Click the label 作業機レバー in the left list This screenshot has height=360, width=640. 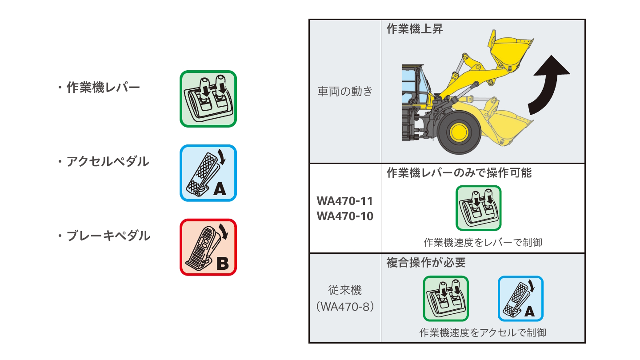pyautogui.click(x=103, y=88)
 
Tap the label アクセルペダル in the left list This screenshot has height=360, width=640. pyautogui.click(x=108, y=162)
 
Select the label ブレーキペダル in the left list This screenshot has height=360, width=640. pyautogui.click(x=108, y=236)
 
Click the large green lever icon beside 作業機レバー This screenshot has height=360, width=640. pyautogui.click(x=208, y=99)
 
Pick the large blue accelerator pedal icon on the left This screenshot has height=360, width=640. pyautogui.click(x=208, y=173)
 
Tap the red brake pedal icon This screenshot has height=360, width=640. pyautogui.click(x=208, y=247)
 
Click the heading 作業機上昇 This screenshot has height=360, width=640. pyautogui.click(x=415, y=29)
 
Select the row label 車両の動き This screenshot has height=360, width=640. pyautogui.click(x=345, y=92)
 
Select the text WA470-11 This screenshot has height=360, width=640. pyautogui.click(x=344, y=201)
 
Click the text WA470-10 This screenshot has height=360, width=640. pyautogui.click(x=344, y=216)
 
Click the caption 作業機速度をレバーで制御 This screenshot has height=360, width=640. pyautogui.click(x=483, y=243)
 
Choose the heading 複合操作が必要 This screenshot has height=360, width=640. pyautogui.click(x=426, y=263)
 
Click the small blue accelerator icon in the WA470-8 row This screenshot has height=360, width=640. pyautogui.click(x=520, y=299)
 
